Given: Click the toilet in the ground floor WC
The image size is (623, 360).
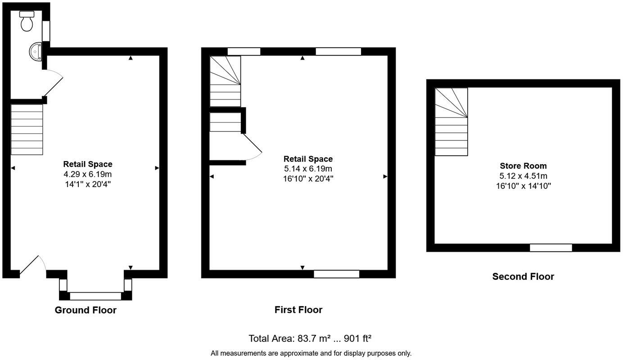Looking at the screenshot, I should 27,21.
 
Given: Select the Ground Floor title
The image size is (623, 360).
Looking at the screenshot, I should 86,310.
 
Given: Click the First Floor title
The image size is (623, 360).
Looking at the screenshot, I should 298,310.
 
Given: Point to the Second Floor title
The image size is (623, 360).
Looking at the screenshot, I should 523,276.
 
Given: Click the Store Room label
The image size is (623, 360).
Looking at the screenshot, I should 523,166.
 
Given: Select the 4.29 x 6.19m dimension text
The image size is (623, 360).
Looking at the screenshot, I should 88,174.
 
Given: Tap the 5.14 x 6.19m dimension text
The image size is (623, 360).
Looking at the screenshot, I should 308,169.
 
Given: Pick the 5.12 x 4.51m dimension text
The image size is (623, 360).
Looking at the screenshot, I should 523,176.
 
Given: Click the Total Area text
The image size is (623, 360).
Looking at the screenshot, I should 310,338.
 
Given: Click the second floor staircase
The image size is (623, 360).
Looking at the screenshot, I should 451,121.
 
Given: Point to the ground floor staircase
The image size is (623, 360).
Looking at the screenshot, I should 27,130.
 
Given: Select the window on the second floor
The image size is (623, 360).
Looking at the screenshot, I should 551,247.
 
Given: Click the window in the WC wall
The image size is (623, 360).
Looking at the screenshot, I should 46,31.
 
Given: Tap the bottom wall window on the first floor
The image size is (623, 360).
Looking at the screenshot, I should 336,274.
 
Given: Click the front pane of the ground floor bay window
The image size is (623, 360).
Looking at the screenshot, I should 95,296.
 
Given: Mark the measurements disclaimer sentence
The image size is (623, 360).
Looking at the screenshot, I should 311,353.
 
